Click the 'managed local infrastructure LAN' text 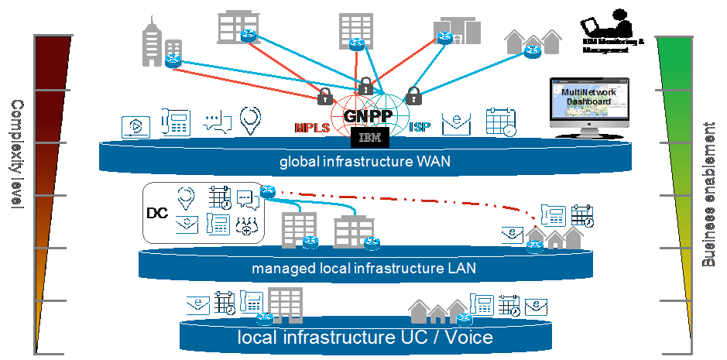tap(363, 269)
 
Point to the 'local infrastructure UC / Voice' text tap(365, 338)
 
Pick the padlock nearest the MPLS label tap(325, 98)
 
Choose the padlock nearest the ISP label tap(414, 98)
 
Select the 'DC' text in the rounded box tap(158, 213)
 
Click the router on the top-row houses tap(531, 51)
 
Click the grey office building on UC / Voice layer tap(284, 305)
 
